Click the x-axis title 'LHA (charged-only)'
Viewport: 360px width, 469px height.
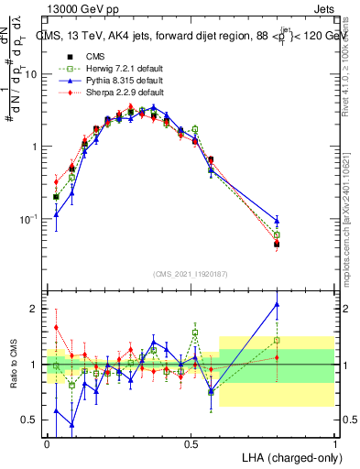[x=287, y=456]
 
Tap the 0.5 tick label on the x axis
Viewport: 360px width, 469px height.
[x=191, y=442]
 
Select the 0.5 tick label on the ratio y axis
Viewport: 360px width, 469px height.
[x=32, y=420]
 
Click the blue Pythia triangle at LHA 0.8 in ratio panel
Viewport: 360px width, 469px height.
[x=277, y=304]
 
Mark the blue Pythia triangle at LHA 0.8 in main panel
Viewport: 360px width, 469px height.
[x=277, y=221]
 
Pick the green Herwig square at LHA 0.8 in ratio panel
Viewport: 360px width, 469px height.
[x=277, y=341]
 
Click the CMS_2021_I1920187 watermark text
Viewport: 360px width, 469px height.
[x=190, y=274]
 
